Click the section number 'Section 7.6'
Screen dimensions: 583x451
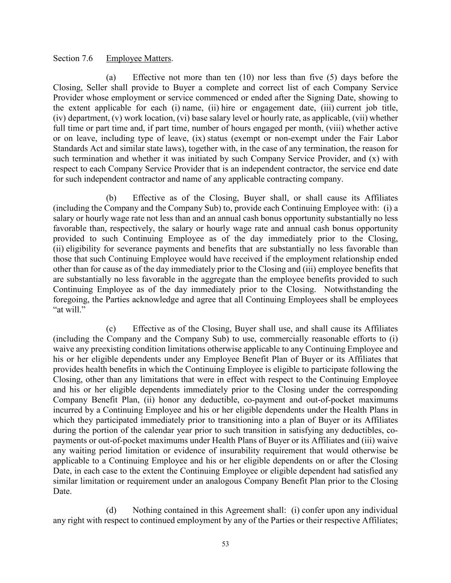click(73, 59)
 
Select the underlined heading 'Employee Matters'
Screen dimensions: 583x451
click(139, 59)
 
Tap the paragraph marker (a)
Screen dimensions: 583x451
click(111, 77)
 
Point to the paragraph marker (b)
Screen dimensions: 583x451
click(111, 198)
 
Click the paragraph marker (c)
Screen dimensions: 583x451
click(111, 329)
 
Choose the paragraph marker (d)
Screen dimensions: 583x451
click(111, 510)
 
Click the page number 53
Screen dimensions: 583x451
click(225, 544)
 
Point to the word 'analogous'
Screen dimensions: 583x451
click(228, 481)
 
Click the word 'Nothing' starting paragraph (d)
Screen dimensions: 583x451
click(147, 510)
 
